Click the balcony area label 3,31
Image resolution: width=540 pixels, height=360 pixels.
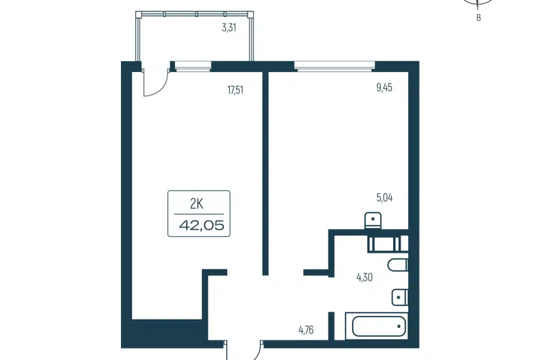(229, 28)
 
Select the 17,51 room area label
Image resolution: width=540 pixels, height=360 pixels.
(235, 90)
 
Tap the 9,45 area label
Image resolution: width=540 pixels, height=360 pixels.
(384, 88)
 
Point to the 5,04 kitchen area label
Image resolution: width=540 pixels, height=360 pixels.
(384, 198)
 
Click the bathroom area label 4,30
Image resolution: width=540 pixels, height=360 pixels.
(364, 277)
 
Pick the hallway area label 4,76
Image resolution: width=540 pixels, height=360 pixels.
(306, 330)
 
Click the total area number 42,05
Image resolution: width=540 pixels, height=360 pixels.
(202, 226)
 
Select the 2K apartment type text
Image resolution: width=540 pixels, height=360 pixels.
(197, 204)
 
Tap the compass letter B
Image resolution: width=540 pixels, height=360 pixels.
(478, 18)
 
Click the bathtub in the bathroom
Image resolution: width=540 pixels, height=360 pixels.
(379, 326)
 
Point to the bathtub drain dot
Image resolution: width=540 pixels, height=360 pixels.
(399, 326)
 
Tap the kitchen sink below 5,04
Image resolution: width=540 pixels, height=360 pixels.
(373, 220)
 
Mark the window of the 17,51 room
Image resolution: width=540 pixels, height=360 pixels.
(193, 66)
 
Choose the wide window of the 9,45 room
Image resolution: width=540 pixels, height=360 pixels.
(334, 66)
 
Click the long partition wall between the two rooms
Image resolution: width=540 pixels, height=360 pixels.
(265, 173)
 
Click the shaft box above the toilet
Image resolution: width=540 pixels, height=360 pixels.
(388, 244)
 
